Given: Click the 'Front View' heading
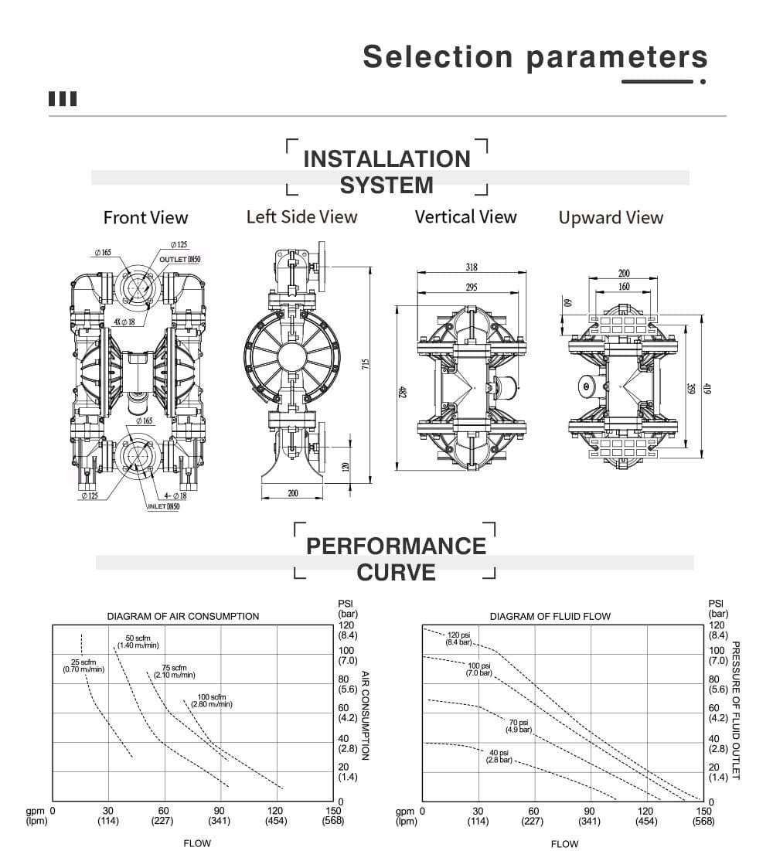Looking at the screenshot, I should click(x=145, y=218).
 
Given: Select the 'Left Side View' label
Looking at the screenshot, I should click(x=301, y=216).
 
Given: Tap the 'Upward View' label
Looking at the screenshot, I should click(x=611, y=218).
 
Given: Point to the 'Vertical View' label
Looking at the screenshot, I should click(x=465, y=216).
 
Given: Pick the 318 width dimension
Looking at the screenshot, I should click(x=472, y=267).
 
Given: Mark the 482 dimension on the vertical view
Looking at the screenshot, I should click(x=402, y=392).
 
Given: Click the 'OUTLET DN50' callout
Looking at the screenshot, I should click(x=179, y=260).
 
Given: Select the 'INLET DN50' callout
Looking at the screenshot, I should click(x=163, y=506).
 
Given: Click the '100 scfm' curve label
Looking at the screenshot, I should click(x=211, y=701).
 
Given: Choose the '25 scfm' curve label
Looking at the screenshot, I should click(x=83, y=665).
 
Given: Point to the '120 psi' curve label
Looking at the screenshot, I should click(x=458, y=638).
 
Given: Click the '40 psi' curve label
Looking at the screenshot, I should click(x=499, y=756).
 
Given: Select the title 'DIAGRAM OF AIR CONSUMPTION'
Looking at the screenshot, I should click(x=182, y=616).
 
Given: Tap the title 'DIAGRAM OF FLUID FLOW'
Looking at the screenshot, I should click(x=550, y=616).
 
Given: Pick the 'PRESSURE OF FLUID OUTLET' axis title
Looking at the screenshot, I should click(x=736, y=710).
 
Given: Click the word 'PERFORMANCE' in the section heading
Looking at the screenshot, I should click(x=396, y=546).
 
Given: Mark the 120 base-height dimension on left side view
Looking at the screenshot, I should click(x=346, y=467).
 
